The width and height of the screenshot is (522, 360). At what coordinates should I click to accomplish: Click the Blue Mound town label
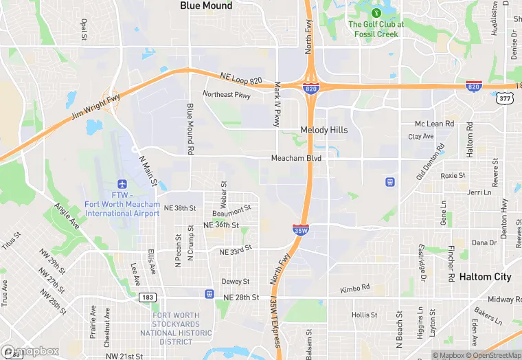click(x=206, y=5)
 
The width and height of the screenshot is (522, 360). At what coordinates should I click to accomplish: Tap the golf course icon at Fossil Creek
click(x=376, y=12)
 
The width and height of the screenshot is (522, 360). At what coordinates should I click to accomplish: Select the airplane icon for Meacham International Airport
click(x=122, y=184)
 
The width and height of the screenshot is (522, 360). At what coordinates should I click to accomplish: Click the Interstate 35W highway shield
click(x=300, y=229)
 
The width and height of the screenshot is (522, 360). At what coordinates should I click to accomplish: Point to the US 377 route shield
click(x=505, y=99)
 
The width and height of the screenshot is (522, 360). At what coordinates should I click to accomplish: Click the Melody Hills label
click(x=324, y=130)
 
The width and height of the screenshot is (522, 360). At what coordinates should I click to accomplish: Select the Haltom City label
click(x=485, y=277)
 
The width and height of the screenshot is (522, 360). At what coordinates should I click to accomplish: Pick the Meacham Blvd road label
click(x=297, y=158)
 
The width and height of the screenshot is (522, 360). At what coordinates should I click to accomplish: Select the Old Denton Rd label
click(x=431, y=161)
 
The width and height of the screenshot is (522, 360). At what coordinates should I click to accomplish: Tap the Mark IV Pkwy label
click(x=277, y=104)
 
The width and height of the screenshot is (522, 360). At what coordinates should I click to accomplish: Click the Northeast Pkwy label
click(x=227, y=95)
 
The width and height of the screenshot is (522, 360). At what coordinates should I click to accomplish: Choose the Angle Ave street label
click(x=66, y=216)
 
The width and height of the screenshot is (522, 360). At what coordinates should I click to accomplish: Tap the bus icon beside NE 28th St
click(x=209, y=294)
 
